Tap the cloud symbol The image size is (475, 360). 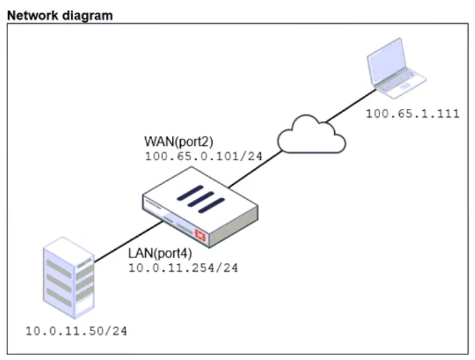pyautogui.click(x=312, y=134)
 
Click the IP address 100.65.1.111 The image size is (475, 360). pyautogui.click(x=412, y=113)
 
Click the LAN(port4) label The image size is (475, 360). pyautogui.click(x=161, y=254)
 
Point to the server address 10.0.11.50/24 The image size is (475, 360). pyautogui.click(x=76, y=330)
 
